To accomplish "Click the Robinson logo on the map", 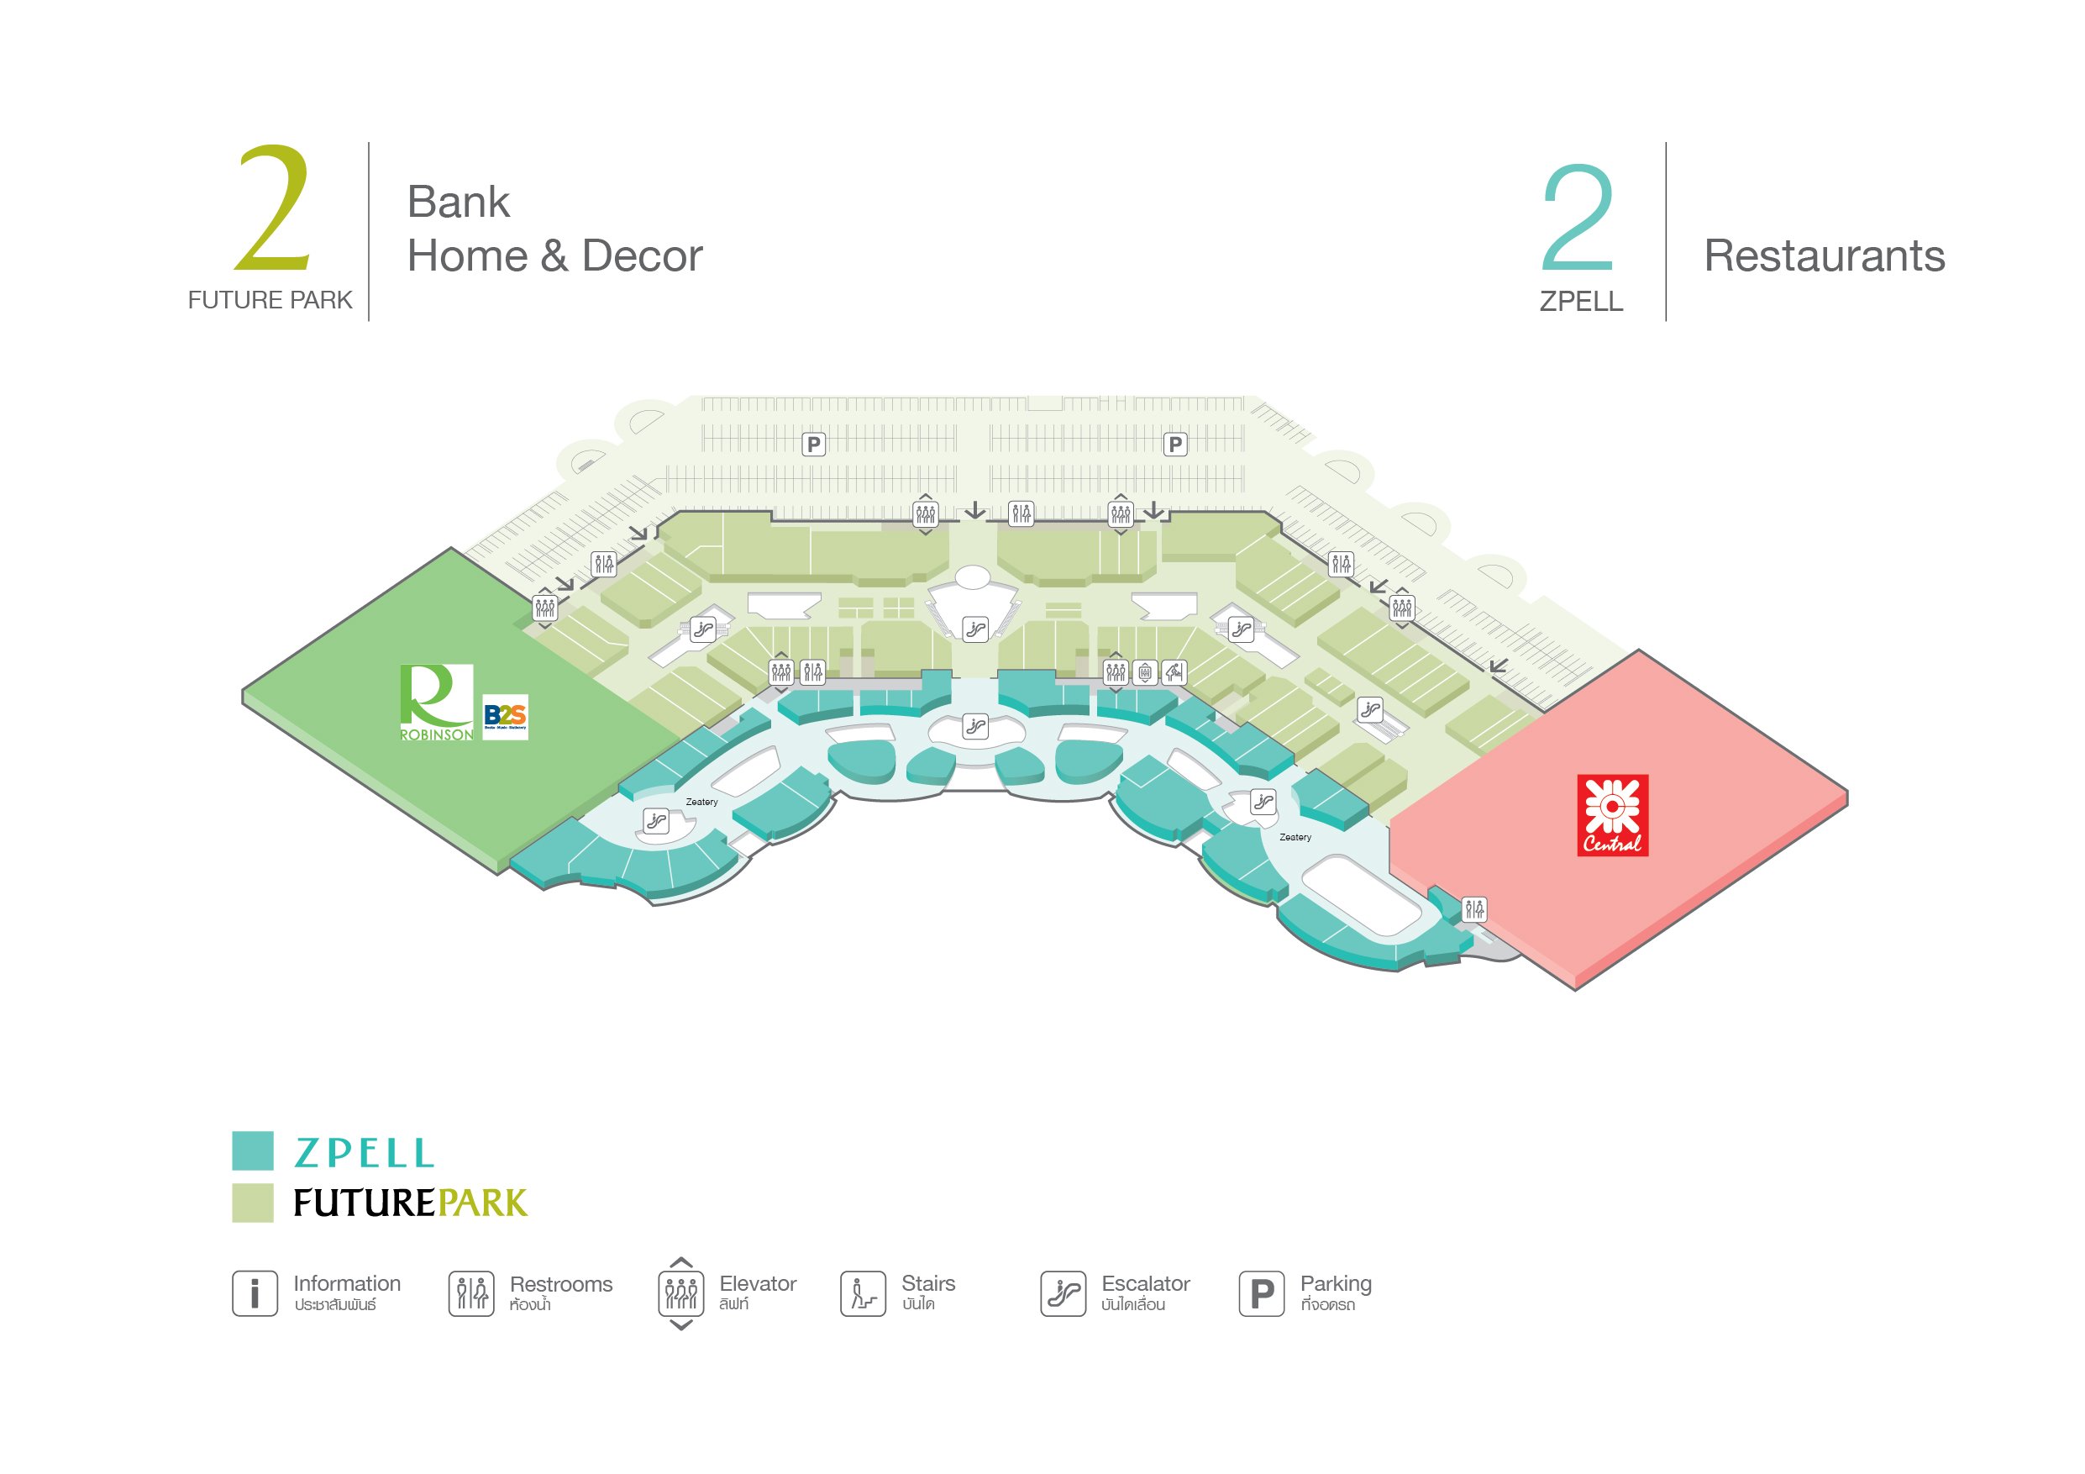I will [x=437, y=702].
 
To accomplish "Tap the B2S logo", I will [x=505, y=717].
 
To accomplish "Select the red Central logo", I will [x=1612, y=814].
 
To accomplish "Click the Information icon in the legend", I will [x=255, y=1292].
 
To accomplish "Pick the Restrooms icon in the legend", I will [x=471, y=1292].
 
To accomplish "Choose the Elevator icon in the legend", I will [x=681, y=1292].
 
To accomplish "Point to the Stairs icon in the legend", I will [x=863, y=1292].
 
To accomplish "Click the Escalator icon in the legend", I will [x=1063, y=1292].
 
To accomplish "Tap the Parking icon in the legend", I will [x=1262, y=1292].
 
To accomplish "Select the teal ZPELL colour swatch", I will [x=253, y=1150].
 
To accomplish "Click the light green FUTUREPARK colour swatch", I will [x=253, y=1203].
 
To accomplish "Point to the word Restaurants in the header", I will [x=1824, y=255].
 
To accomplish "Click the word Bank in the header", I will [x=458, y=202].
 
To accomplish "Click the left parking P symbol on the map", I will [x=814, y=444].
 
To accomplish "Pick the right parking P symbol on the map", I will [x=1175, y=444].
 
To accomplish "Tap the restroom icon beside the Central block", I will [x=1473, y=908].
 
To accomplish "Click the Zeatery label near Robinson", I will [x=701, y=802].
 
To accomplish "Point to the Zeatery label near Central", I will [x=1295, y=837].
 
